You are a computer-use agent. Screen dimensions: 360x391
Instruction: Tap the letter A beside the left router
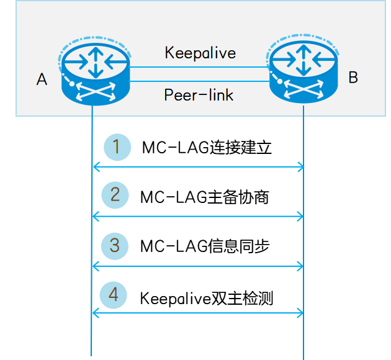pyautogui.click(x=42, y=79)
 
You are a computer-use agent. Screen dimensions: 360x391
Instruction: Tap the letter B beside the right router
pyautogui.click(x=353, y=78)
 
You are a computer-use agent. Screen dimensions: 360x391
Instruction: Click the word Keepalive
pyautogui.click(x=200, y=53)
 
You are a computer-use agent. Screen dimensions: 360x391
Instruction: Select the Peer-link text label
pyautogui.click(x=199, y=95)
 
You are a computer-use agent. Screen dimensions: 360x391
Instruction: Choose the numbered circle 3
pyautogui.click(x=115, y=245)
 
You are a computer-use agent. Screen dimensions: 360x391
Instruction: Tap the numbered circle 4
pyautogui.click(x=114, y=294)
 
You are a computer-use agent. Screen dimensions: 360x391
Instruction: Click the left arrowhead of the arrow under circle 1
pyautogui.click(x=95, y=166)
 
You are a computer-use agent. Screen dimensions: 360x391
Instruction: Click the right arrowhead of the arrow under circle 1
pyautogui.click(x=301, y=166)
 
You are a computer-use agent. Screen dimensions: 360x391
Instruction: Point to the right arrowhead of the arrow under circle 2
pyautogui.click(x=301, y=216)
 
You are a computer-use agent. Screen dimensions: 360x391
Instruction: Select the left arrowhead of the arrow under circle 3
pyautogui.click(x=95, y=266)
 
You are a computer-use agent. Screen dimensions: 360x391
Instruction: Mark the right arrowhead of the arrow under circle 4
pyautogui.click(x=301, y=312)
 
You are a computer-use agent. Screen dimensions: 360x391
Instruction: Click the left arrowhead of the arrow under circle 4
pyautogui.click(x=95, y=312)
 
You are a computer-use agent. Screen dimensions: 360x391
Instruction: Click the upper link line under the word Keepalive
pyautogui.click(x=200, y=66)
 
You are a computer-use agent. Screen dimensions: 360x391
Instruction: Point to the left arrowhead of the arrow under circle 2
pyautogui.click(x=95, y=216)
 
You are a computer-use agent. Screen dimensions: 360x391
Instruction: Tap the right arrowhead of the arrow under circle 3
pyautogui.click(x=301, y=266)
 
